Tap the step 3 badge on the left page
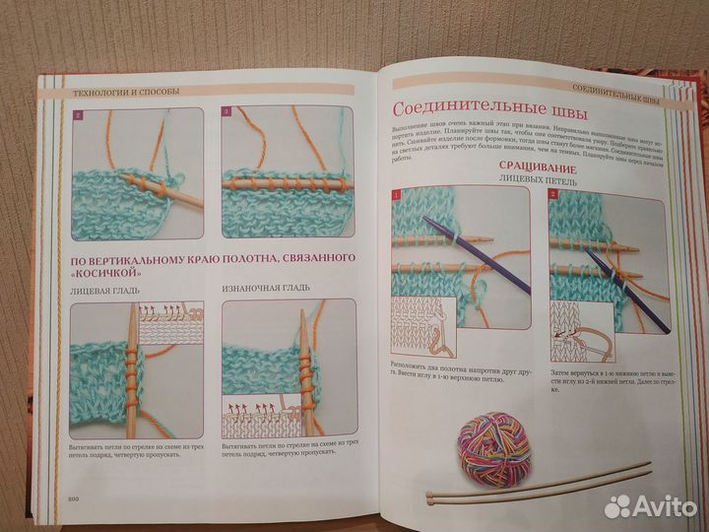[226, 115]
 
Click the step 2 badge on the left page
[78, 115]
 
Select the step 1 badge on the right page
[398, 195]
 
